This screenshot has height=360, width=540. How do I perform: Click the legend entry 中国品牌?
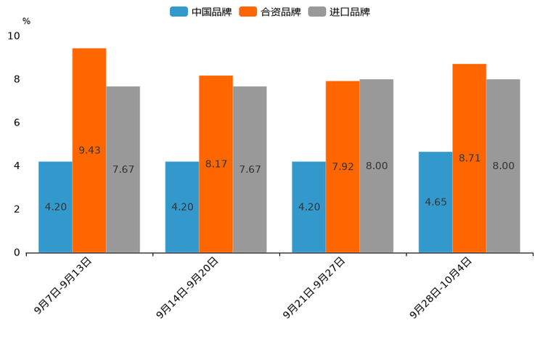coord(201,12)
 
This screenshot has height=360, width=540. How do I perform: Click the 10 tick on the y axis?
coord(14,36)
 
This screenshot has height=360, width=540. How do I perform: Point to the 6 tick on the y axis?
coord(17,123)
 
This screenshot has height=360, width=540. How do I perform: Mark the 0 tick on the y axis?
coord(17,253)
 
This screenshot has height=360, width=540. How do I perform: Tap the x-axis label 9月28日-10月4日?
coord(441,287)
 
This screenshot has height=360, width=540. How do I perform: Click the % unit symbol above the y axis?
coord(26,21)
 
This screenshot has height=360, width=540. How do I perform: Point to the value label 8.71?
coord(470,157)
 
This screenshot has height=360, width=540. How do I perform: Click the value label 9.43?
coord(89,150)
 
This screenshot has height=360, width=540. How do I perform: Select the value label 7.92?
coord(343,166)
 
